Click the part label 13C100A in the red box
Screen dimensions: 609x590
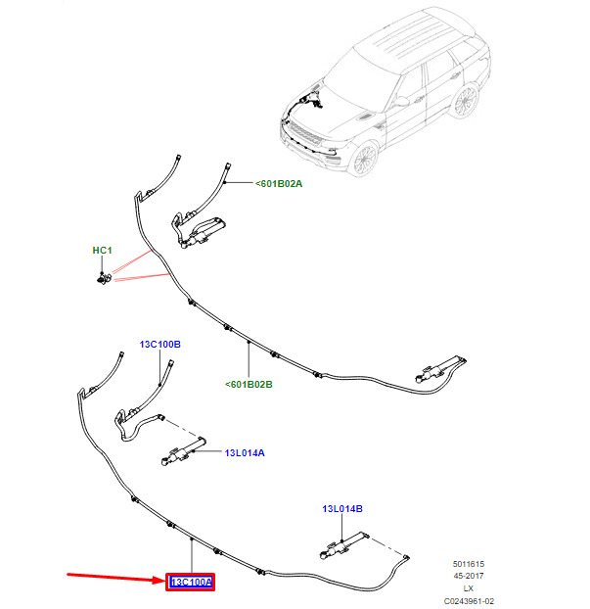(192, 583)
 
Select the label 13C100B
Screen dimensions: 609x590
(160, 345)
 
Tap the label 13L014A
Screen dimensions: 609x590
(246, 453)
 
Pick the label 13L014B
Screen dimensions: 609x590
(342, 509)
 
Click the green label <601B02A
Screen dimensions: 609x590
(280, 183)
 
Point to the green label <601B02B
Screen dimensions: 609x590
(249, 385)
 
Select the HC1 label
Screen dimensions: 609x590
(103, 251)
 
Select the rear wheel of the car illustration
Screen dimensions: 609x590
(466, 101)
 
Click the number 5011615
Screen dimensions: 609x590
(468, 564)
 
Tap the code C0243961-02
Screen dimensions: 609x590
(468, 601)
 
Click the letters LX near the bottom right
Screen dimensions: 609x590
(468, 588)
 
